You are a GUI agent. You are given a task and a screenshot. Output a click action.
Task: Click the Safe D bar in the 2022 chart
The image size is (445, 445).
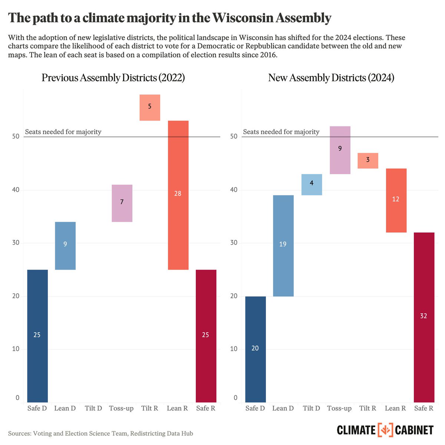pos(37,336)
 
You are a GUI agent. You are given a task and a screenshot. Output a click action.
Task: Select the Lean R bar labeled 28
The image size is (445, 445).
pos(178,195)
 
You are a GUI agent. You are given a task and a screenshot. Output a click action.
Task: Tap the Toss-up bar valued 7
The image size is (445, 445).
pos(122,203)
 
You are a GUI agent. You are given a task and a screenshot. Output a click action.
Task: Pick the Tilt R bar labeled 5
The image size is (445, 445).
pos(150,108)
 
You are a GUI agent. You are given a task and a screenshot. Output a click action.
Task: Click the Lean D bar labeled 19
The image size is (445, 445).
pos(283,245)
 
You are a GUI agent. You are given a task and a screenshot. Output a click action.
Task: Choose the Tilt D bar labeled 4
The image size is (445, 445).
pos(311,184)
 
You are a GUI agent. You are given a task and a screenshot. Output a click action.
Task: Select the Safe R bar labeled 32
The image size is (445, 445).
pos(424,317)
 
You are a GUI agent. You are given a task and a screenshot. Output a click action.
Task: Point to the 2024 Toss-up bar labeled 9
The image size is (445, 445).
pos(340,150)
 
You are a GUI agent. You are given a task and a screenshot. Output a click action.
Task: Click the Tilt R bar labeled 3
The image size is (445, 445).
pos(367,161)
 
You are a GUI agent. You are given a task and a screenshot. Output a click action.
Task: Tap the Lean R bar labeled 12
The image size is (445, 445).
pos(396,200)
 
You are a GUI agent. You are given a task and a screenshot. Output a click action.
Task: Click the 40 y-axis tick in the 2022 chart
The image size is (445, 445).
pos(16,189)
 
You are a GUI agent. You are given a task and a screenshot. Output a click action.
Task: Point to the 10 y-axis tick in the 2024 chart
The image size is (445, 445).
pos(234,349)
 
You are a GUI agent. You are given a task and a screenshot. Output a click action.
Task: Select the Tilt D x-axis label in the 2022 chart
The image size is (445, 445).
pos(93,408)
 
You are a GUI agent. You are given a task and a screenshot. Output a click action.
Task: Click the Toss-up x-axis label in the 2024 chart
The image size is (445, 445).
pos(339,409)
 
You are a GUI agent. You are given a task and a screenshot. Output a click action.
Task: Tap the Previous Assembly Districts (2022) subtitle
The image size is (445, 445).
pos(113,78)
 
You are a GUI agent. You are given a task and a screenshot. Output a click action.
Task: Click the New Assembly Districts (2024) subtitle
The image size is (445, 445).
pos(331,78)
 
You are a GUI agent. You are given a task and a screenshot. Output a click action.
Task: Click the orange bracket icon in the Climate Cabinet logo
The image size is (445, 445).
pos(385,430)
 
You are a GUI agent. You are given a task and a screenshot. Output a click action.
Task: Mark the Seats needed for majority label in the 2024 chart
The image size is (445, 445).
pos(281,132)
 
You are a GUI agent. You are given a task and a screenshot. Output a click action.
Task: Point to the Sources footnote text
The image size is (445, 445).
pos(100,433)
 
